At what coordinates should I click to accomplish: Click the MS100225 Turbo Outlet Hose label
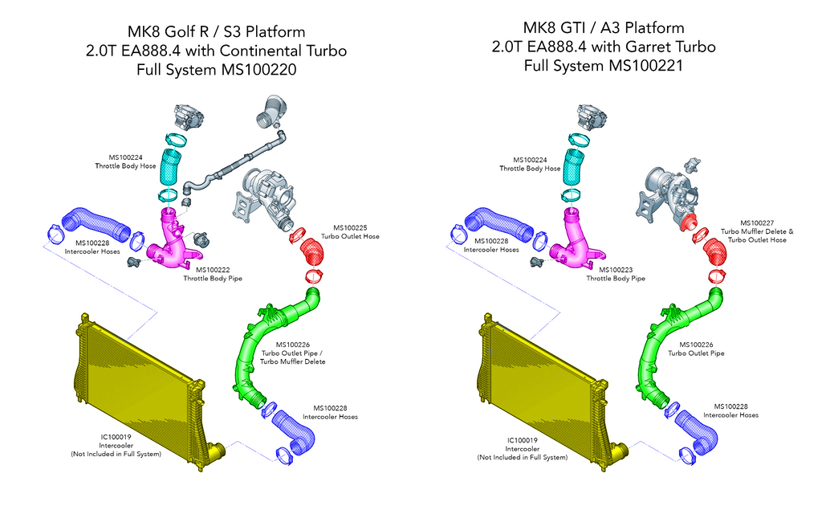tap(346, 233)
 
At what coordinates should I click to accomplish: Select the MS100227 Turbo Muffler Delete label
tap(756, 231)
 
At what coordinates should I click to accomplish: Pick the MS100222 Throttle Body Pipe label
tap(212, 274)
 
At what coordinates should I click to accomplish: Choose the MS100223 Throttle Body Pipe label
tap(615, 274)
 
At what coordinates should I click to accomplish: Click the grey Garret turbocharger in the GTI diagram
tap(670, 193)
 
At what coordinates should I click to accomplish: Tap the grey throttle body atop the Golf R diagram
tap(189, 117)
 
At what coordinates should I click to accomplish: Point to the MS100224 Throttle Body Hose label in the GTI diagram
tap(530, 165)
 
